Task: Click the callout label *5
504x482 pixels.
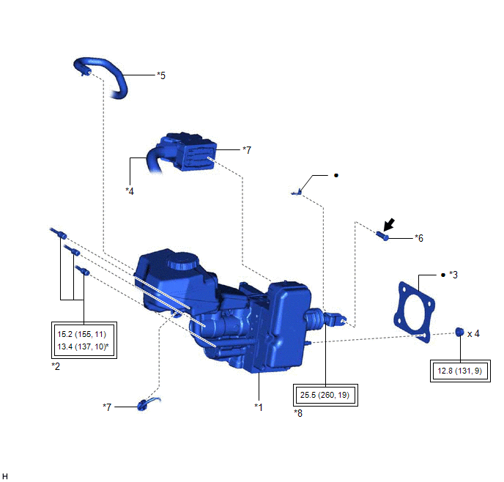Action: click(x=161, y=75)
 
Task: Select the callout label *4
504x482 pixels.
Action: click(x=130, y=191)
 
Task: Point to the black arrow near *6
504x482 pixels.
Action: click(x=388, y=225)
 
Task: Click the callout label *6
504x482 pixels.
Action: click(x=419, y=238)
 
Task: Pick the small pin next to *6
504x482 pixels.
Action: click(x=382, y=236)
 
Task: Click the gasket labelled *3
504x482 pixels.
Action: click(x=415, y=312)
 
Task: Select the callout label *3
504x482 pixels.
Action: click(x=453, y=275)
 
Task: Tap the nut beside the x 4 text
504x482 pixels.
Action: click(x=460, y=332)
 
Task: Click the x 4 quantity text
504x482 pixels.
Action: click(x=473, y=333)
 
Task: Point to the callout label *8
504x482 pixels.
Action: click(x=298, y=413)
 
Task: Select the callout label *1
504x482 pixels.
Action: click(x=259, y=407)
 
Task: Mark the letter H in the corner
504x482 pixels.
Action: click(x=5, y=476)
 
